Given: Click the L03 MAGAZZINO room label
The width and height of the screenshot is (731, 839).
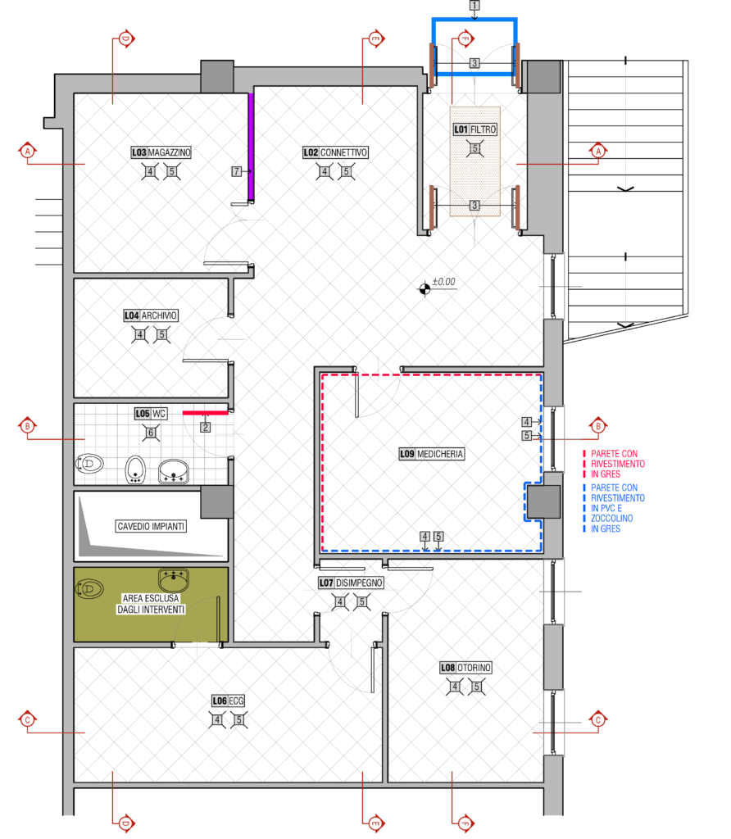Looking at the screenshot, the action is point(161,152).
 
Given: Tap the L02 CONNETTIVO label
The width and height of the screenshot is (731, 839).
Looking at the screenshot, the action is point(335,152).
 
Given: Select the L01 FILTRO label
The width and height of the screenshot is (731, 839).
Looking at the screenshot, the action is point(475,129).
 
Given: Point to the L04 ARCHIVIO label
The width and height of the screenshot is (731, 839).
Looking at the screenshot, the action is point(150,315).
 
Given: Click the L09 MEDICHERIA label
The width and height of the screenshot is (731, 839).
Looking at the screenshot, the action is point(431,454).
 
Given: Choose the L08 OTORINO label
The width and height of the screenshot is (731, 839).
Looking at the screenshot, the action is point(465,668).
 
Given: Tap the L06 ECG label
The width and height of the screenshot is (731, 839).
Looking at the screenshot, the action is point(229,701).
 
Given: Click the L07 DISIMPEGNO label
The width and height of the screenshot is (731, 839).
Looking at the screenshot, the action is point(351,583).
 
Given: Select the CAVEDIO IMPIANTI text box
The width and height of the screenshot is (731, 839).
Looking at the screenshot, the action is point(151,527).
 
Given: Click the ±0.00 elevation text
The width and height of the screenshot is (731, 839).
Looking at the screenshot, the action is point(443,282).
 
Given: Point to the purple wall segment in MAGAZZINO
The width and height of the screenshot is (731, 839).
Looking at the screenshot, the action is point(251,147).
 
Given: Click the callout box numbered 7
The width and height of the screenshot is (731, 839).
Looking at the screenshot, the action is point(236,171).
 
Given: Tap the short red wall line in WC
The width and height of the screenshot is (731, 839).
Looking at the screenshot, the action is point(206,413).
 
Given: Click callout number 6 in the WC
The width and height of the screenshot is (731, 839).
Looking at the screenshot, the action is point(151,433).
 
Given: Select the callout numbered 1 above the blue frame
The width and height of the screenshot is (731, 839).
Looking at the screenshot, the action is point(474,6).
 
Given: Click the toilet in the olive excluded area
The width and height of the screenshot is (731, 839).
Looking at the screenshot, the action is point(90,589).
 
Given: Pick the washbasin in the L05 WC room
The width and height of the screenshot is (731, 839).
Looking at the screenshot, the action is point(174,471).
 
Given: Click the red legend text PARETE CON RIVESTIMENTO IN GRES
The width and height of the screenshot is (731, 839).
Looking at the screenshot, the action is point(618,464).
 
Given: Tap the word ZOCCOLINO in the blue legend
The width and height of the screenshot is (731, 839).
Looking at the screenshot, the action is point(611,519).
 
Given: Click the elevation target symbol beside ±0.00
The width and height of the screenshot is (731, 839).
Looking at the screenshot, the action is point(425,289).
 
